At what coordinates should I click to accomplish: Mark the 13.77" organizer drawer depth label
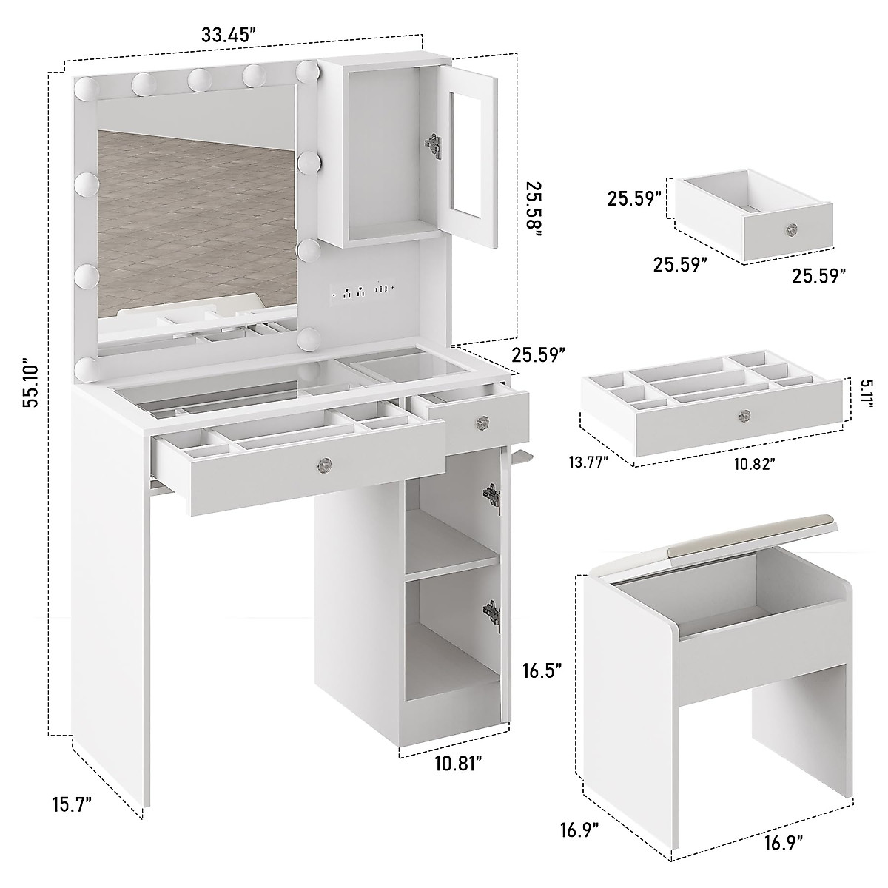[x=588, y=462]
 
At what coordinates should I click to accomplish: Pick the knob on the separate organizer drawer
[x=744, y=415]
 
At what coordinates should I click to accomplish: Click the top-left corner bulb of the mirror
[x=86, y=88]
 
